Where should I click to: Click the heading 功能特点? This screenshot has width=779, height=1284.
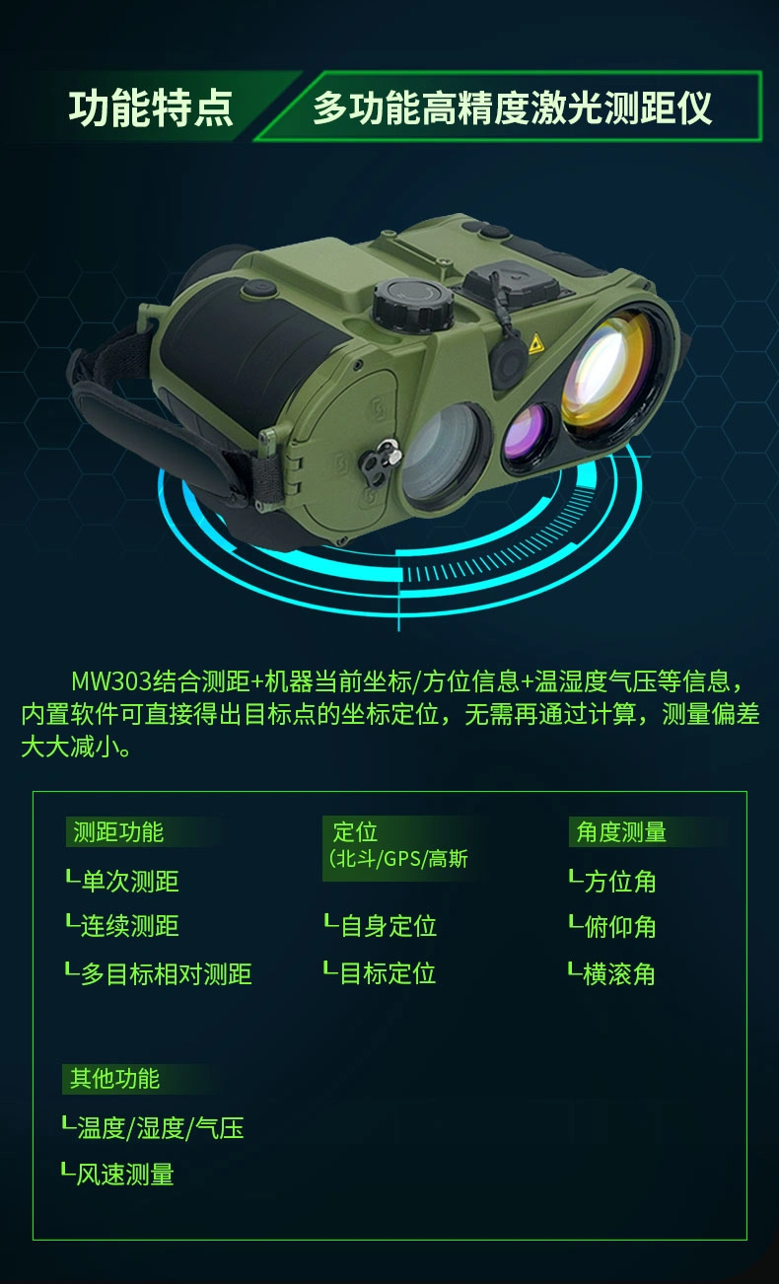(x=151, y=107)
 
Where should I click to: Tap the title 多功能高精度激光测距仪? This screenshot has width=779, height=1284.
(x=512, y=107)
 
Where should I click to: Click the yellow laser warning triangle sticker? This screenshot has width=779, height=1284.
(x=535, y=343)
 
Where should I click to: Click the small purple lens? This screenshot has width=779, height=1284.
(x=528, y=432)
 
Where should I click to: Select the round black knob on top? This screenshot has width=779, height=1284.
(x=413, y=304)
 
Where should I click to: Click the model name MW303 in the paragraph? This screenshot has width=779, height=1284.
(x=111, y=681)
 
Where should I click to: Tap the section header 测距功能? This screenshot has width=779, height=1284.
(x=118, y=831)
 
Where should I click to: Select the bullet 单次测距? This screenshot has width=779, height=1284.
(x=129, y=881)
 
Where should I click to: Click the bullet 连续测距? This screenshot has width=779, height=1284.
(x=129, y=926)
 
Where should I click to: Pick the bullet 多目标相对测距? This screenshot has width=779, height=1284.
(x=166, y=974)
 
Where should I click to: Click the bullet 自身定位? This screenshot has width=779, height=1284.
(x=389, y=926)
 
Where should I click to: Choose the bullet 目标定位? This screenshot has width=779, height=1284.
(x=389, y=973)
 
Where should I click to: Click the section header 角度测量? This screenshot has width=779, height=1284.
(x=621, y=831)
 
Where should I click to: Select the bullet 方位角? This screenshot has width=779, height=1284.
(x=619, y=882)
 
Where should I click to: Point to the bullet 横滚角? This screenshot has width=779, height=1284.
(x=619, y=974)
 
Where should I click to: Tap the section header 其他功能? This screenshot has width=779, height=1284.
(x=114, y=1079)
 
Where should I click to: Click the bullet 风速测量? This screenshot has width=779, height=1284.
(x=125, y=1174)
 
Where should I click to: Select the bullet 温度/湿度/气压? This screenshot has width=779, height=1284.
(x=160, y=1128)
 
